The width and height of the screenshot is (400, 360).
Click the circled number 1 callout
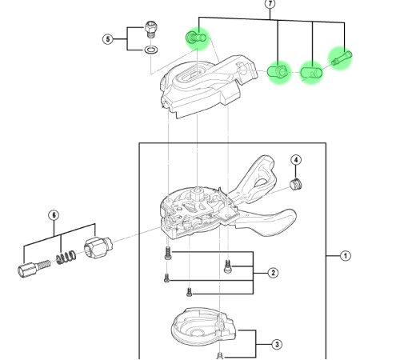346,256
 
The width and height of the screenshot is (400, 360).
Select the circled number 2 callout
273,273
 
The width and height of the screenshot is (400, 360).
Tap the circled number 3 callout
277,344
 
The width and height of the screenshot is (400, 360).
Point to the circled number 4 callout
296,160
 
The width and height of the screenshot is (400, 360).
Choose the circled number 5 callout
107,39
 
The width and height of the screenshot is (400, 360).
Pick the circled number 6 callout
54,215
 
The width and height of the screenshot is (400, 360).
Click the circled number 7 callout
270,4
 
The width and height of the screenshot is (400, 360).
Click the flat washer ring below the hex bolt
151,50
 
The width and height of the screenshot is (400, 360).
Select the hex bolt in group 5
151,30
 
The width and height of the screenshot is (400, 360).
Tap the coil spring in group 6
66,258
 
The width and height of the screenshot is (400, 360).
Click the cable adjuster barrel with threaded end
34,269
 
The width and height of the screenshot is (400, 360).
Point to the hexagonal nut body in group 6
98,247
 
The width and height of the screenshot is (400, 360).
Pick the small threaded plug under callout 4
296,185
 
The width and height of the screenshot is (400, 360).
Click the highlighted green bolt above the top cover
196,38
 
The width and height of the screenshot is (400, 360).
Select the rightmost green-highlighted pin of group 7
342,58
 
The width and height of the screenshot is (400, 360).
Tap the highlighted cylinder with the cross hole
311,73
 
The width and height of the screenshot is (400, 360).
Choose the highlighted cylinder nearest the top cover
278,72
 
